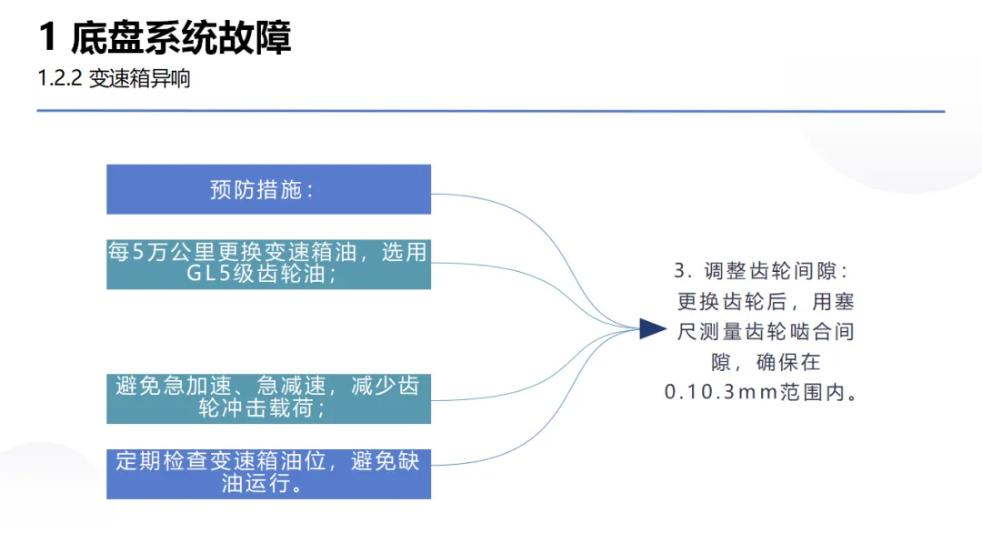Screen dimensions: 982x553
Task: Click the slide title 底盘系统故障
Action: [x=181, y=39]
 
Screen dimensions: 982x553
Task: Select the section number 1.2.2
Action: [x=59, y=79]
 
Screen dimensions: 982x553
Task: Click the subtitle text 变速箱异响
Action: [x=139, y=79]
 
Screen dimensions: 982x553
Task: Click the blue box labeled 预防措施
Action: [x=268, y=189]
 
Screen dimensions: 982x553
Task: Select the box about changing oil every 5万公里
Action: [x=268, y=263]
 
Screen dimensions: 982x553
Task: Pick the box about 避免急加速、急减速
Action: [x=268, y=397]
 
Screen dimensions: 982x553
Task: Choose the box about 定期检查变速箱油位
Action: [x=268, y=472]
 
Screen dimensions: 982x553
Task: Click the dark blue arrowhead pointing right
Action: [x=652, y=329]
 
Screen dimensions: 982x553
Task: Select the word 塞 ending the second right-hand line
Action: [x=844, y=302]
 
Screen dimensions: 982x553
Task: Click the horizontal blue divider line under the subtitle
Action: [x=491, y=112]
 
